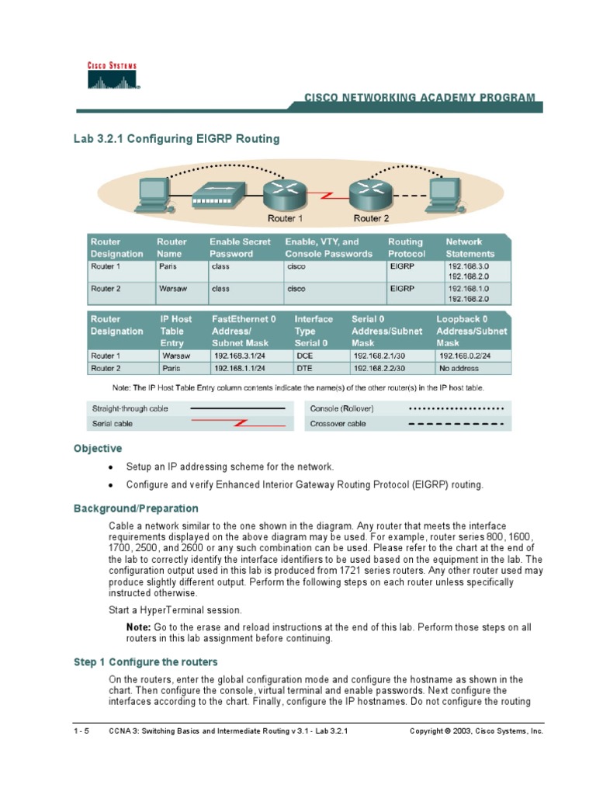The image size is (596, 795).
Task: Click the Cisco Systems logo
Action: (112, 77)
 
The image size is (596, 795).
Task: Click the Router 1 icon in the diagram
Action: (279, 191)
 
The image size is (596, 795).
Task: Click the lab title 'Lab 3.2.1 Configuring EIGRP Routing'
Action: (176, 139)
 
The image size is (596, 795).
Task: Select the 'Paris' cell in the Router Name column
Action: (168, 266)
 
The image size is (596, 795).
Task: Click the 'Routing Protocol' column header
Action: (407, 248)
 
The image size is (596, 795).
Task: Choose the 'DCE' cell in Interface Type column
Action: (303, 356)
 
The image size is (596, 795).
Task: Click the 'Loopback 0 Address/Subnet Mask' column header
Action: (471, 331)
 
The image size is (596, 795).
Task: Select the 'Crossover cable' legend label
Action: (338, 424)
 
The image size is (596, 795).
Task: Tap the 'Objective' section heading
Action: (98, 449)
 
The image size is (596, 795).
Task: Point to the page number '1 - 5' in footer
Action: (81, 731)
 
